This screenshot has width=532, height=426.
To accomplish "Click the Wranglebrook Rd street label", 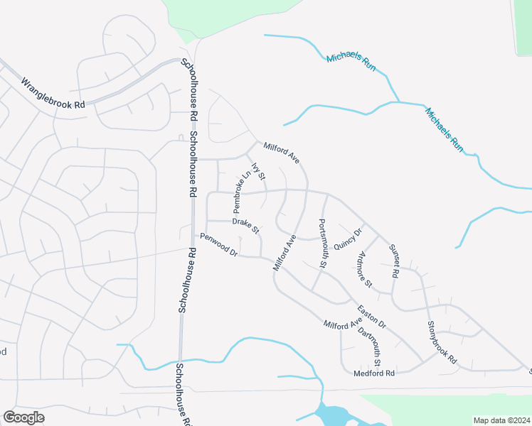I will tap(53, 93).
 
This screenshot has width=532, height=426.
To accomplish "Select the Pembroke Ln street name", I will tap(243, 192).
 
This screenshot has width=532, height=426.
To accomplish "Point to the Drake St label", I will tap(246, 226).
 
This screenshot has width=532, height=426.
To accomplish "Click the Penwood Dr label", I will tap(218, 244).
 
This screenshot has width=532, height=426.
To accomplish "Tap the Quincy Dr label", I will tap(349, 239).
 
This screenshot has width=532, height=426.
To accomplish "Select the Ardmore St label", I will tap(366, 270).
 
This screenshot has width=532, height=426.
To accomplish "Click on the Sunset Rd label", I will tap(394, 261).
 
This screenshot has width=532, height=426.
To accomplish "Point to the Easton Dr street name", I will tap(372, 316).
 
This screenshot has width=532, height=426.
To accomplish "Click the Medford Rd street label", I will tap(373, 373).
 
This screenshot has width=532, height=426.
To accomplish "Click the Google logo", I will tap(23, 417).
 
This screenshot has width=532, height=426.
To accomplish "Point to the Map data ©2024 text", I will tap(501, 420).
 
